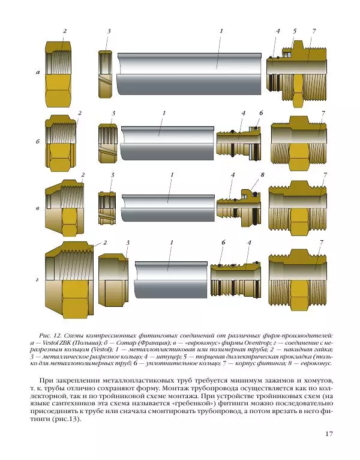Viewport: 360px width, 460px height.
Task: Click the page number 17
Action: (x=329, y=434)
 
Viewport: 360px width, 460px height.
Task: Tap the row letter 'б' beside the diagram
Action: (x=37, y=142)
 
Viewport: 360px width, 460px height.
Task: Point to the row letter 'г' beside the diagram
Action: (x=37, y=280)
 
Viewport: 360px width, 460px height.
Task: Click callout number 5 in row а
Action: (x=295, y=31)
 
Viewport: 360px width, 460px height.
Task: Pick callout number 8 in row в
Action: (x=262, y=175)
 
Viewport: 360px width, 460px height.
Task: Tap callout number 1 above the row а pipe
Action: (x=221, y=31)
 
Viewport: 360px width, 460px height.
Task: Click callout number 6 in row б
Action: (x=262, y=113)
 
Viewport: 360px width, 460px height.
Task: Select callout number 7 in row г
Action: (x=322, y=242)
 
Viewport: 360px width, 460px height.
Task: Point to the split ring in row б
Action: (x=107, y=142)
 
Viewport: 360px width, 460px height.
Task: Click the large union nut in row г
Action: (x=69, y=277)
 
